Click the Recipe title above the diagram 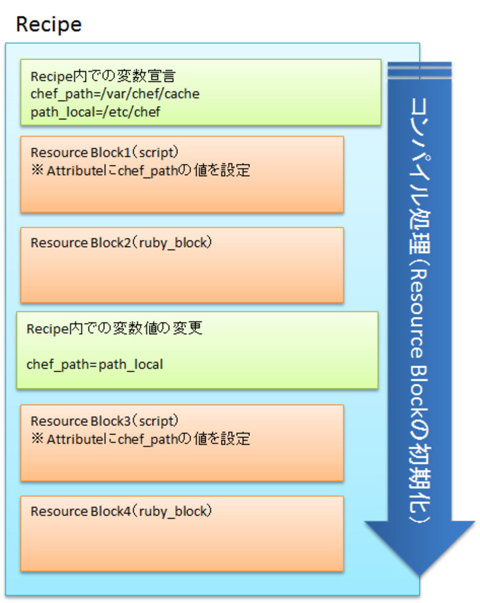click(x=48, y=25)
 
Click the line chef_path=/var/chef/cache click(x=115, y=94)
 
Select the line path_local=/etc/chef click(x=95, y=112)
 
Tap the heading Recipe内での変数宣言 click(x=103, y=76)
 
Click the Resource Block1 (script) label click(x=104, y=152)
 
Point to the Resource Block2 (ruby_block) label click(x=121, y=243)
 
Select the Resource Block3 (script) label click(x=104, y=421)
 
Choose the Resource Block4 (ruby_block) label click(x=121, y=511)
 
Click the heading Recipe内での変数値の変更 click(x=114, y=328)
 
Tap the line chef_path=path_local click(x=95, y=364)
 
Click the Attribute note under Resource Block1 click(x=140, y=170)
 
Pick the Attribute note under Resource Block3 click(x=140, y=439)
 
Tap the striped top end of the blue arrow click(x=419, y=70)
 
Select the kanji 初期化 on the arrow click(x=420, y=479)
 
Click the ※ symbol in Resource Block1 click(x=37, y=170)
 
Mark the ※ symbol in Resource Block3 click(x=37, y=439)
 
